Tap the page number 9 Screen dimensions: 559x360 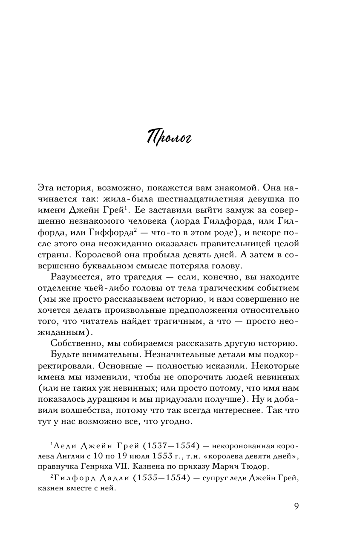click(x=297, y=506)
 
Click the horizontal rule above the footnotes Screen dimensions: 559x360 click(x=60, y=437)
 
